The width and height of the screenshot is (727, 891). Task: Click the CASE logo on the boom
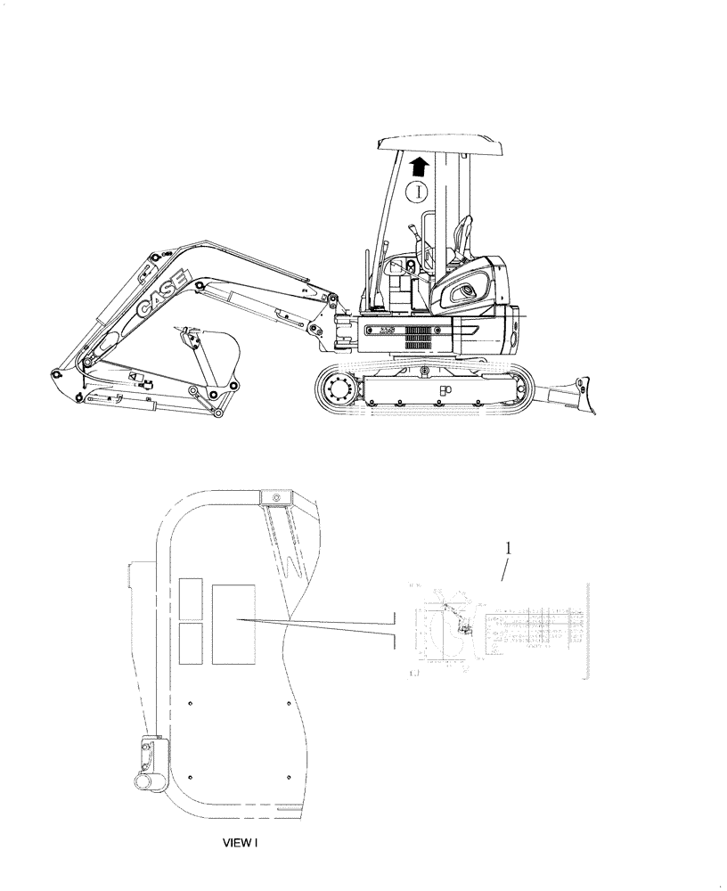click(x=161, y=295)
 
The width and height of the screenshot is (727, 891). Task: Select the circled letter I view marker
click(x=417, y=191)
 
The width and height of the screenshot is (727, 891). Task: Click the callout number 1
click(x=509, y=549)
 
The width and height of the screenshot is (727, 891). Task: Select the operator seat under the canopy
click(x=460, y=238)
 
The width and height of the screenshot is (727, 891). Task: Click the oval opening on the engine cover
click(x=468, y=292)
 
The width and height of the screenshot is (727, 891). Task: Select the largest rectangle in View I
click(x=233, y=624)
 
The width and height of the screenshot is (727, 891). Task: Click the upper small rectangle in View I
click(x=190, y=598)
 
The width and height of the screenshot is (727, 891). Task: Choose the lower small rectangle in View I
click(x=190, y=643)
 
